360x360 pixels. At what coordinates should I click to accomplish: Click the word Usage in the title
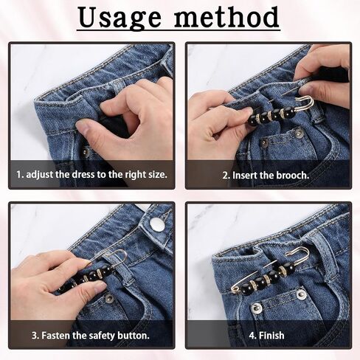coord(120,18)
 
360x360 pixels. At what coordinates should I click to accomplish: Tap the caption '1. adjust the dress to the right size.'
coord(91,175)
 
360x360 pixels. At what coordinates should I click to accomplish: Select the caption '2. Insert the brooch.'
coord(266,176)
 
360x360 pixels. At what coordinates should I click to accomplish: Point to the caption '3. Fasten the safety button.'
coord(91,336)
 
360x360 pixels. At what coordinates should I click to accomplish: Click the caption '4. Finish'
coord(266,336)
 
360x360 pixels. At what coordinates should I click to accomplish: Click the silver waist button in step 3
coord(156,224)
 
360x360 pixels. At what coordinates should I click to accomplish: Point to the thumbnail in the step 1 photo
coord(83,127)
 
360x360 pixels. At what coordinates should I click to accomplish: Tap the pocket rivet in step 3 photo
coord(108,298)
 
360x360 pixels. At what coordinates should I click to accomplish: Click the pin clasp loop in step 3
coord(120,257)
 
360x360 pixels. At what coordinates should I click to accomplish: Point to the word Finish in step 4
coord(271,336)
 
